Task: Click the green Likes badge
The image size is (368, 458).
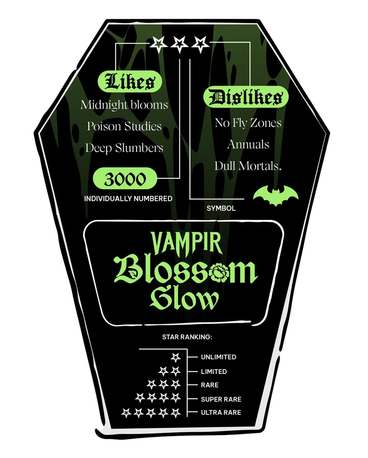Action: (x=130, y=81)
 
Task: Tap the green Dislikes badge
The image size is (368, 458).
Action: (x=246, y=97)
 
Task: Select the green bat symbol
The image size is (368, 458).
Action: (x=276, y=195)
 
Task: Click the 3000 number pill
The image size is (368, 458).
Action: (x=125, y=179)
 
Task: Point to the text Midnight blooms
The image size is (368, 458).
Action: (x=124, y=105)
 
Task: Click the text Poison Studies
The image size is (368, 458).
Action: (x=124, y=126)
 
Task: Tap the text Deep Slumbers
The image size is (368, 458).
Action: (x=124, y=148)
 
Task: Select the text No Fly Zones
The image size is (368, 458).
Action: (x=248, y=123)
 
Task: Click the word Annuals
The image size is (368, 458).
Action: (x=248, y=144)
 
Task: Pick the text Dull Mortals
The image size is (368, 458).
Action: (x=247, y=166)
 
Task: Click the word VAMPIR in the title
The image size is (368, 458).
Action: (x=186, y=243)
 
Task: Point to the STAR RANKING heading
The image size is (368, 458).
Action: (x=187, y=337)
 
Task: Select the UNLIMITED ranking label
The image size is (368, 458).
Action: (x=218, y=357)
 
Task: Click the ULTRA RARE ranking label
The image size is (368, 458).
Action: (x=221, y=413)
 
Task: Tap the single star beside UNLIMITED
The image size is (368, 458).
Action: (x=176, y=357)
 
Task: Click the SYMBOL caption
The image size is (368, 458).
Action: (x=221, y=208)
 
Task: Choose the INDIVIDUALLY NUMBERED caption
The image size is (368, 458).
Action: (x=128, y=198)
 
